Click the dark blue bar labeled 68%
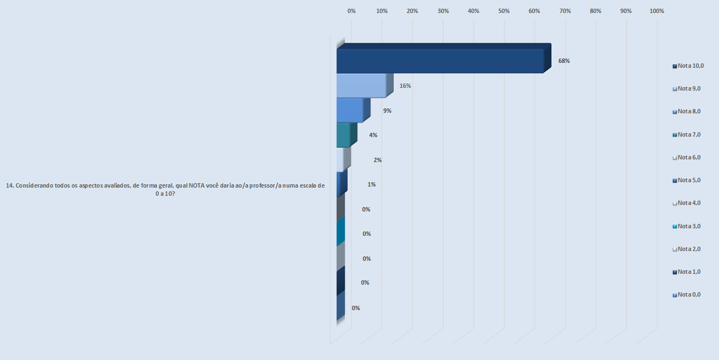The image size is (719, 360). (x=439, y=61)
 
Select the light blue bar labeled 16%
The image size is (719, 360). (x=361, y=86)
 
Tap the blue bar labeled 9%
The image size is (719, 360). (x=350, y=110)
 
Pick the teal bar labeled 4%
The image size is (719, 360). (x=343, y=135)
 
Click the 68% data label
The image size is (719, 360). (x=564, y=61)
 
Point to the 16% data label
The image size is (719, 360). (x=405, y=86)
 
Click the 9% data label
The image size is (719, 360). (x=387, y=111)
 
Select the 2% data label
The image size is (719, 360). (x=377, y=160)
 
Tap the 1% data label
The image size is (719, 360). (x=371, y=184)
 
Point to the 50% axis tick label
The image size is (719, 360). (x=504, y=11)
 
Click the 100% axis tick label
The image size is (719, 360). (x=656, y=11)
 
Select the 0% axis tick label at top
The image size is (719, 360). (x=351, y=11)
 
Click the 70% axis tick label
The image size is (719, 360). (x=565, y=11)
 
